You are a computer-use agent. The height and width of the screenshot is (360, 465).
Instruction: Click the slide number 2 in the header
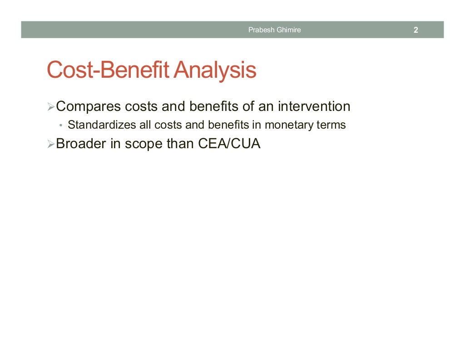click(416, 30)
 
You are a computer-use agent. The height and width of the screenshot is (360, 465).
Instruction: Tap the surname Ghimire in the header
click(288, 30)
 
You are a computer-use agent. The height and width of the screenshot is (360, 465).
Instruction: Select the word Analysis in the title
click(216, 71)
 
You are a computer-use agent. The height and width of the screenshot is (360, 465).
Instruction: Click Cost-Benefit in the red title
click(109, 71)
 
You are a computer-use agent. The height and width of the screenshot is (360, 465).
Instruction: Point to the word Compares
click(89, 107)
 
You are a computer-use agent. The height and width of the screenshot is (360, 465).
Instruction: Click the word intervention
click(314, 107)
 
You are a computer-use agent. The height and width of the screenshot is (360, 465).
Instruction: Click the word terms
click(331, 125)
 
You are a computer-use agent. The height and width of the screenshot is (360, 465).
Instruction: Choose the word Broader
click(81, 144)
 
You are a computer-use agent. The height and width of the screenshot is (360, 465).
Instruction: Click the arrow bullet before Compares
click(50, 107)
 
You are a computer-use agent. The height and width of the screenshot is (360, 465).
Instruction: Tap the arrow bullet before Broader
click(50, 144)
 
